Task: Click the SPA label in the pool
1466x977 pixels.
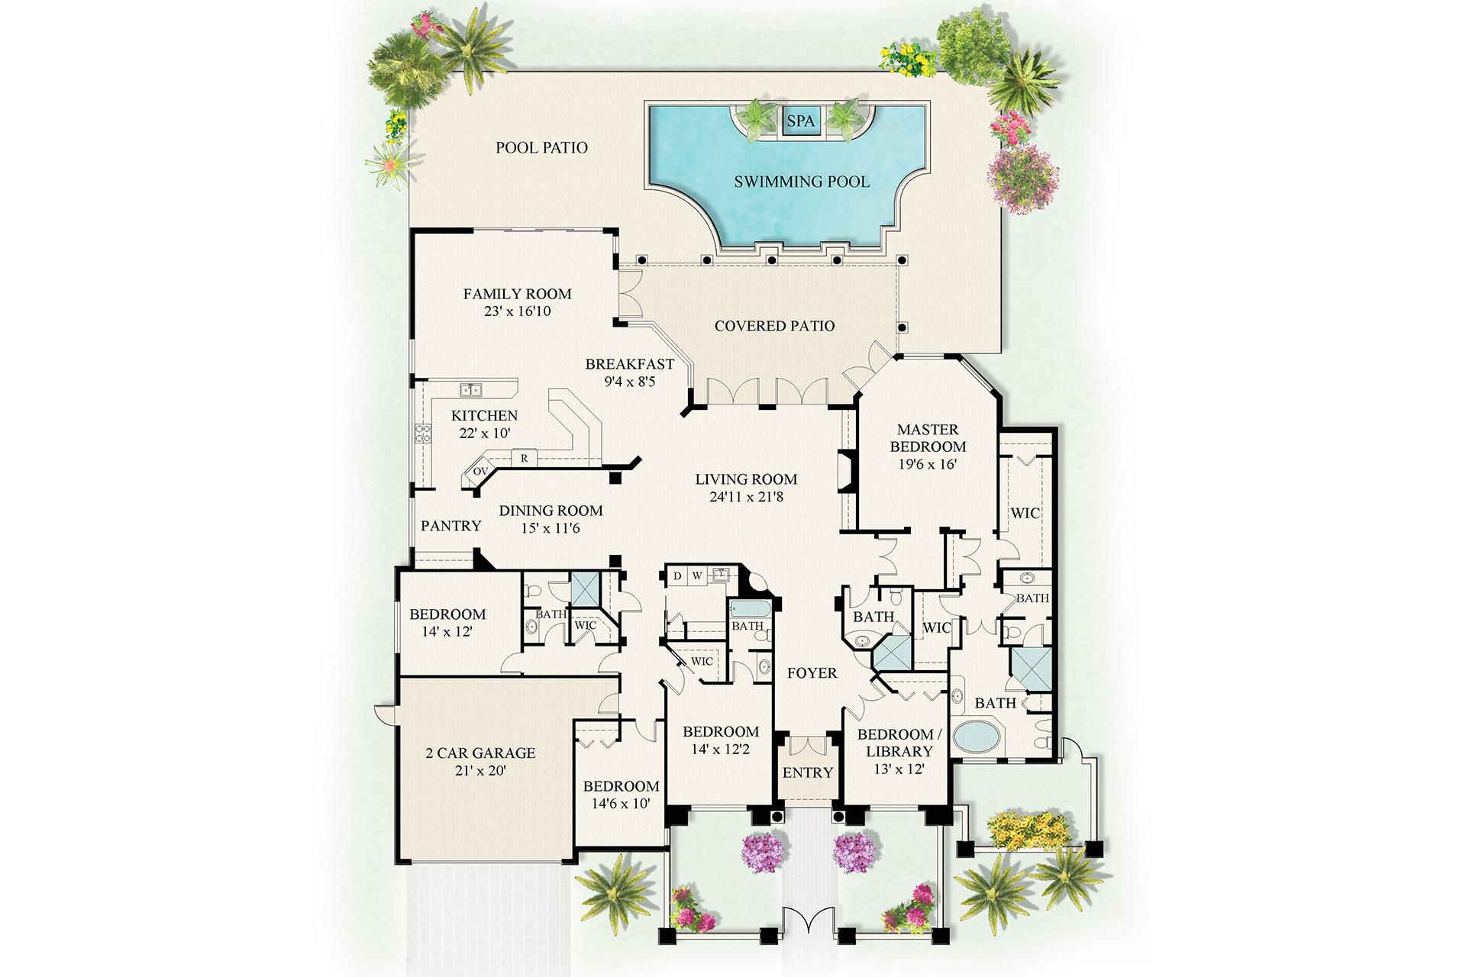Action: (801, 121)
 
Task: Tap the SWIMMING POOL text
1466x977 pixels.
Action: (802, 182)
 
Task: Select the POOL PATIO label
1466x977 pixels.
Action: (542, 147)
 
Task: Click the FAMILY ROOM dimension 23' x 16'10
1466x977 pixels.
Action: (518, 311)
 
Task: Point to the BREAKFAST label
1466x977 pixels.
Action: (630, 364)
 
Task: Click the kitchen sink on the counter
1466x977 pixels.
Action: (470, 390)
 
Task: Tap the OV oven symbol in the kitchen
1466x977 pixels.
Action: (480, 472)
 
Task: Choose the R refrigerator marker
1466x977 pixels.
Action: (525, 459)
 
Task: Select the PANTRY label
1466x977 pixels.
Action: (451, 526)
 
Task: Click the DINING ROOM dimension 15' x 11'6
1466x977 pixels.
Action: (551, 528)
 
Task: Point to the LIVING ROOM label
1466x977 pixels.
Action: (746, 479)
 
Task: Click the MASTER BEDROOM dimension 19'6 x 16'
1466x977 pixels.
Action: (928, 464)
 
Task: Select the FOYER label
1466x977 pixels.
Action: (812, 673)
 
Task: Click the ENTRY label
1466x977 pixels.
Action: (808, 773)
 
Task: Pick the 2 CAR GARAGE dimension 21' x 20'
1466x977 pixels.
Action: (480, 771)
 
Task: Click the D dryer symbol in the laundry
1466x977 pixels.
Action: (677, 576)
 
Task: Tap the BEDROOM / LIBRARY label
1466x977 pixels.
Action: (899, 743)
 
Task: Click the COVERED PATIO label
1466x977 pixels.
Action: (775, 326)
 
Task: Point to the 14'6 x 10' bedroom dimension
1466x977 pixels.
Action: (621, 803)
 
